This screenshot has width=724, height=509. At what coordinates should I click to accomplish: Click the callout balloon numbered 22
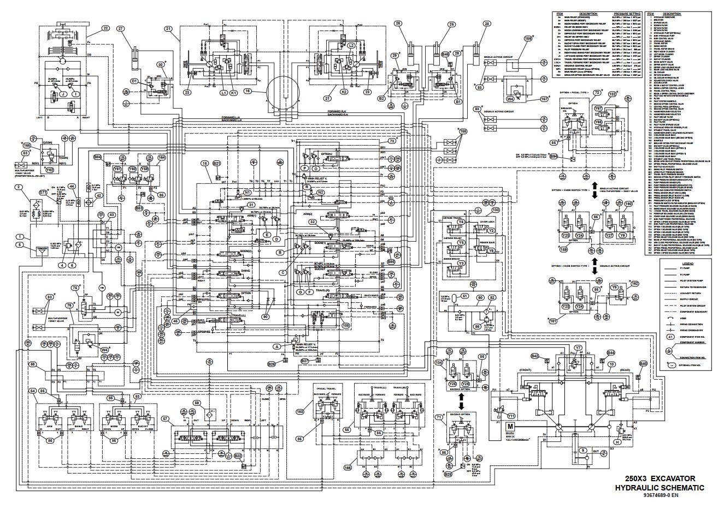pyautogui.click(x=105, y=28)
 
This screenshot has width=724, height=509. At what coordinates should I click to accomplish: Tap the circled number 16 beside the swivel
pyautogui.click(x=248, y=92)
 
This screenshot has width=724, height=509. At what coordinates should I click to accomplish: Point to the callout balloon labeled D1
pyautogui.click(x=134, y=81)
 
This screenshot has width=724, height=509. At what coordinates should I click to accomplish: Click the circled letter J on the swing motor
pyautogui.click(x=63, y=94)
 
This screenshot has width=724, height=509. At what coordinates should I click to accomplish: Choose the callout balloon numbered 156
pyautogui.click(x=528, y=39)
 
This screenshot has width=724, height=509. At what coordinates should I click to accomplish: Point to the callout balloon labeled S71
pyautogui.click(x=43, y=193)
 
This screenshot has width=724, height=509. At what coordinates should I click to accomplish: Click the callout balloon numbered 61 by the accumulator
pyautogui.click(x=465, y=296)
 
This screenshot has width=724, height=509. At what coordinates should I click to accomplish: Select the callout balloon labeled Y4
pyautogui.click(x=461, y=222)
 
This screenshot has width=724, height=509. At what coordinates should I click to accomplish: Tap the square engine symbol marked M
pyautogui.click(x=510, y=427)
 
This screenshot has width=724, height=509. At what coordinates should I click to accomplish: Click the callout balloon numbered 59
pyautogui.click(x=197, y=403)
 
